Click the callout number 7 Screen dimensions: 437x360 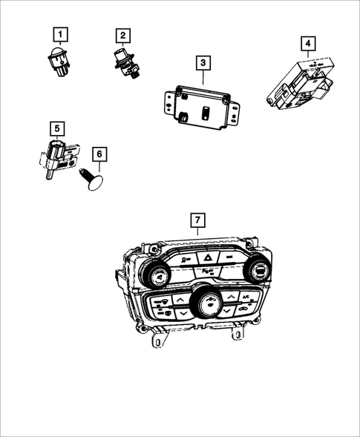click(x=197, y=220)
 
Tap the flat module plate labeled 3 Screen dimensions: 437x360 click(x=201, y=107)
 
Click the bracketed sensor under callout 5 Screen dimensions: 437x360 click(x=58, y=157)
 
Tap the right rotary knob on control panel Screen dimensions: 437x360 click(x=261, y=272)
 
